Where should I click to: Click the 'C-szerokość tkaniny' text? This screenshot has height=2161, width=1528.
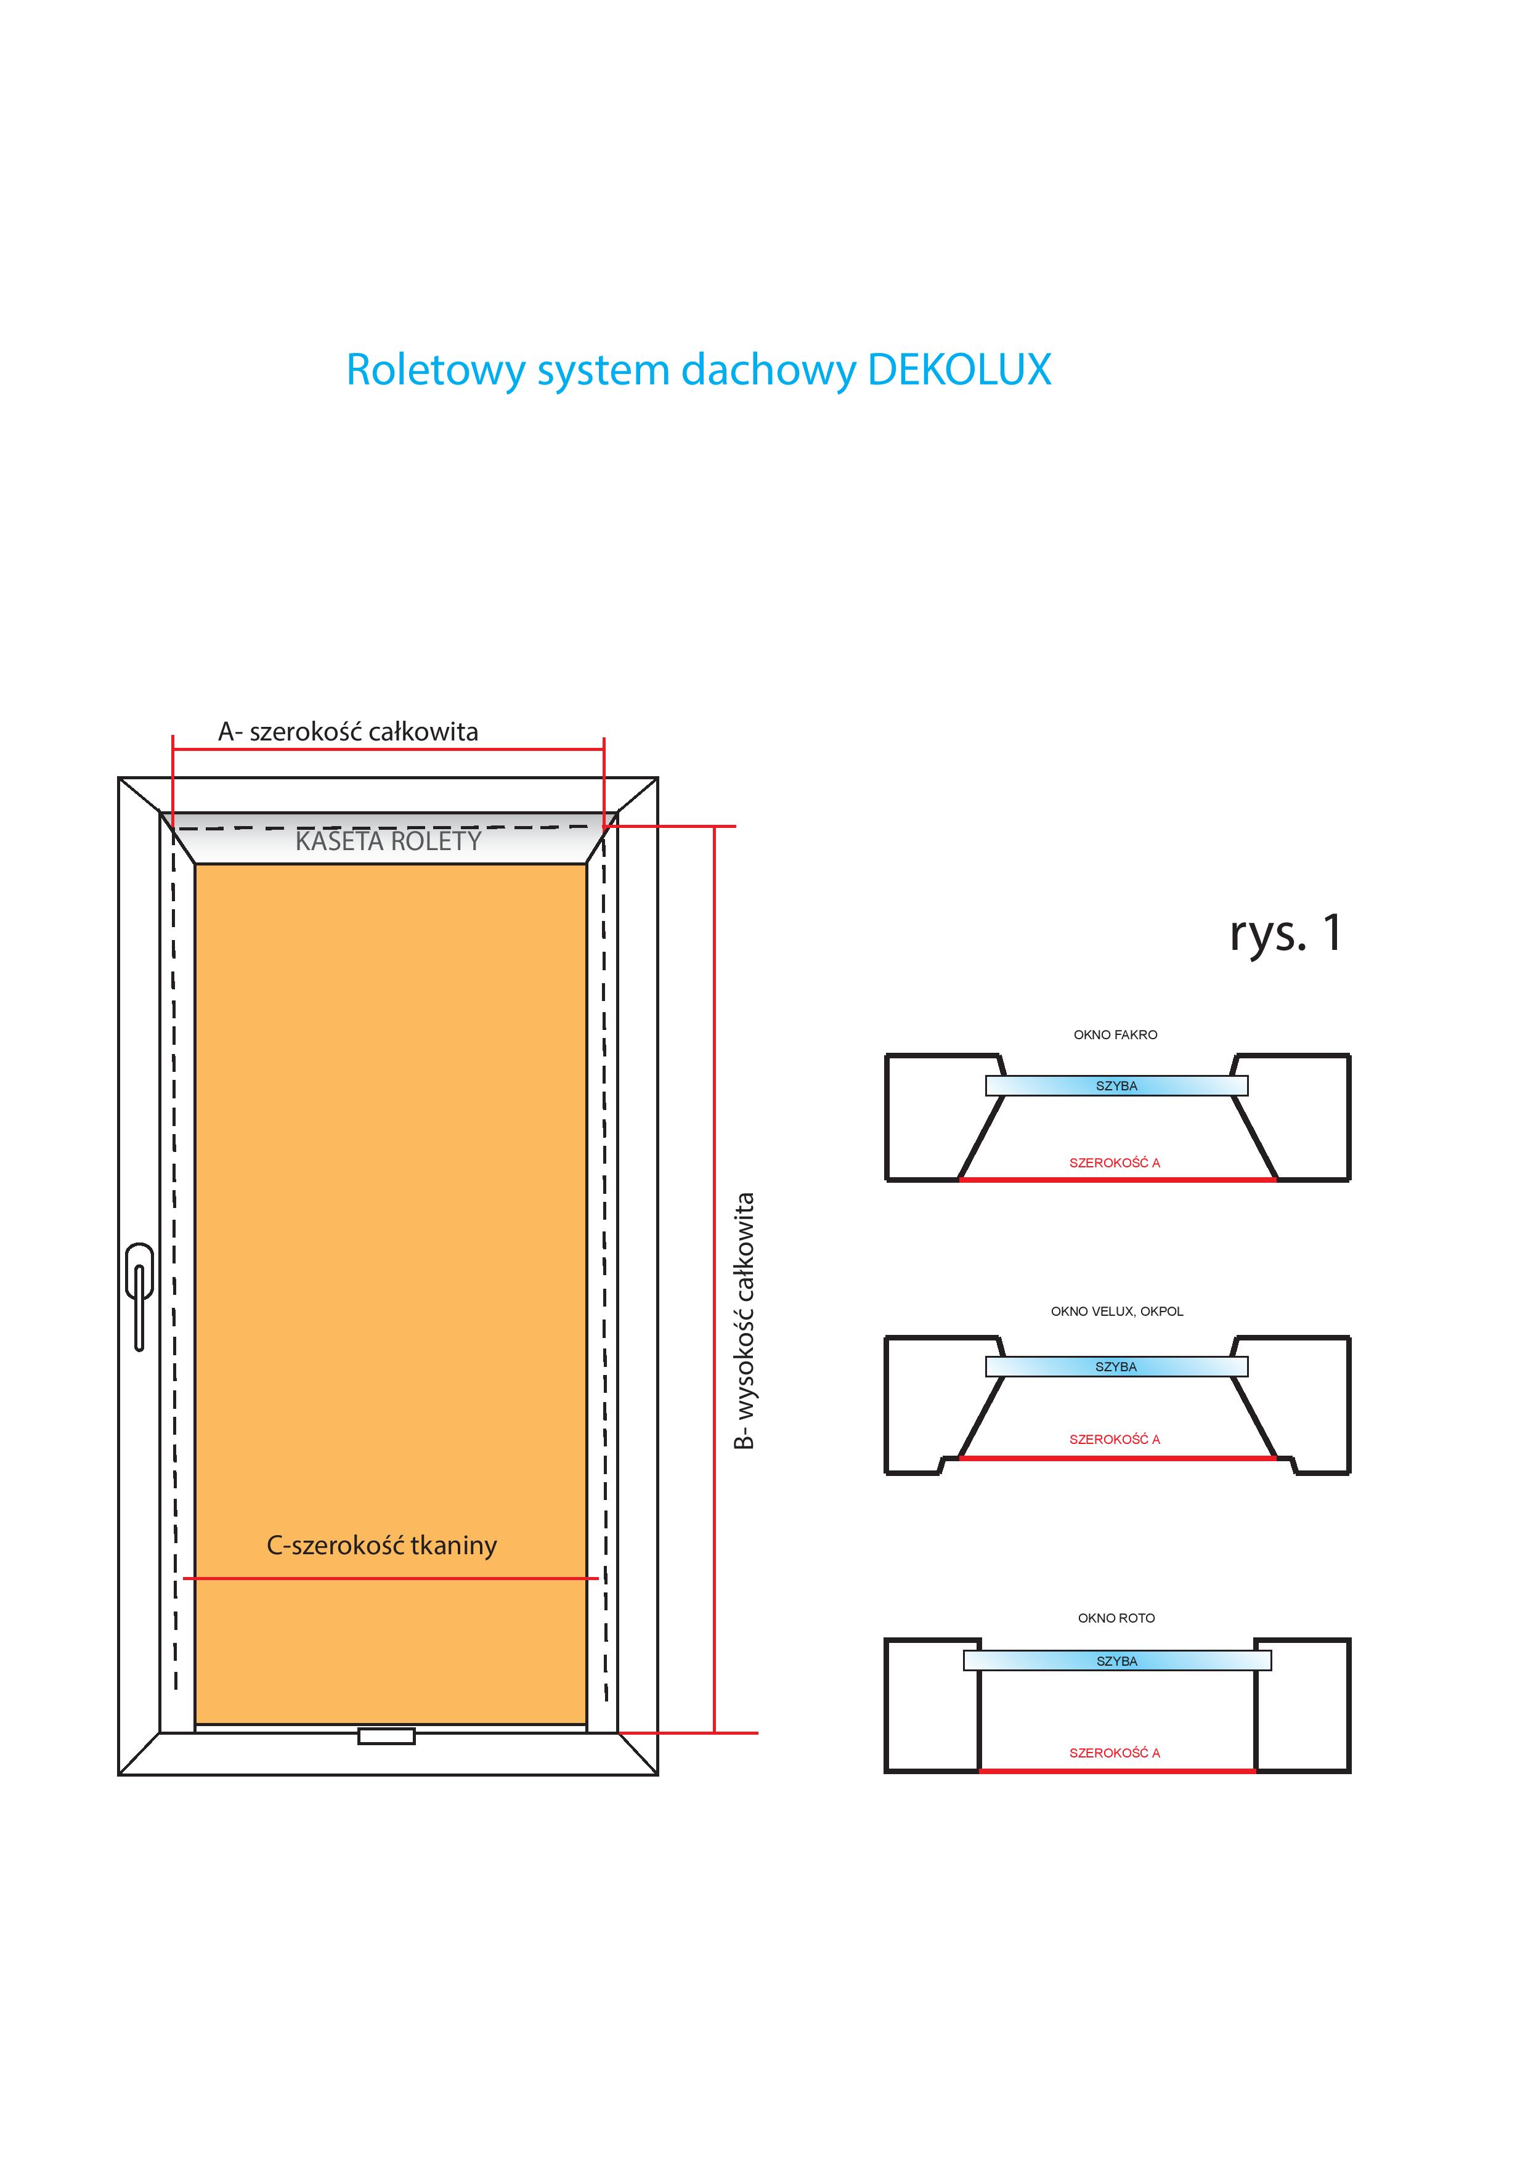pos(381,1546)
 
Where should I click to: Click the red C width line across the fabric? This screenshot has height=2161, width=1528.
pos(390,1578)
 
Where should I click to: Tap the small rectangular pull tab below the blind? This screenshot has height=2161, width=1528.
pos(386,1735)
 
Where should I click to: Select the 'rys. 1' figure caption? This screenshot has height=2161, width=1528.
pos(1285,933)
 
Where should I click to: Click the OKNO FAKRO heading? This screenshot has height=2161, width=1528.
pos(1116,1034)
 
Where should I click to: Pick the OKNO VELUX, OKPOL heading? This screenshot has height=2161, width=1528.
pos(1116,1311)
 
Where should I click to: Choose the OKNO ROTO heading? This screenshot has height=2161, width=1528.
pos(1116,1618)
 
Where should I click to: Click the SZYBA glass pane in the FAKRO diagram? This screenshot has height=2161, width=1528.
pos(1116,1086)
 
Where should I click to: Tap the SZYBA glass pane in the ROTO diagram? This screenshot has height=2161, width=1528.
pos(1116,1661)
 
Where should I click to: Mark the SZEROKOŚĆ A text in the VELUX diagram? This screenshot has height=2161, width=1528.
pos(1115,1439)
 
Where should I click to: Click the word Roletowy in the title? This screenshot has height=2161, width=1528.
pos(435,370)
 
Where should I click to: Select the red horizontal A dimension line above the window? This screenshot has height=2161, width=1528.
pos(388,749)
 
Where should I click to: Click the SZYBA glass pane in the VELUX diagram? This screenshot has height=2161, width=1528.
pos(1116,1366)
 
